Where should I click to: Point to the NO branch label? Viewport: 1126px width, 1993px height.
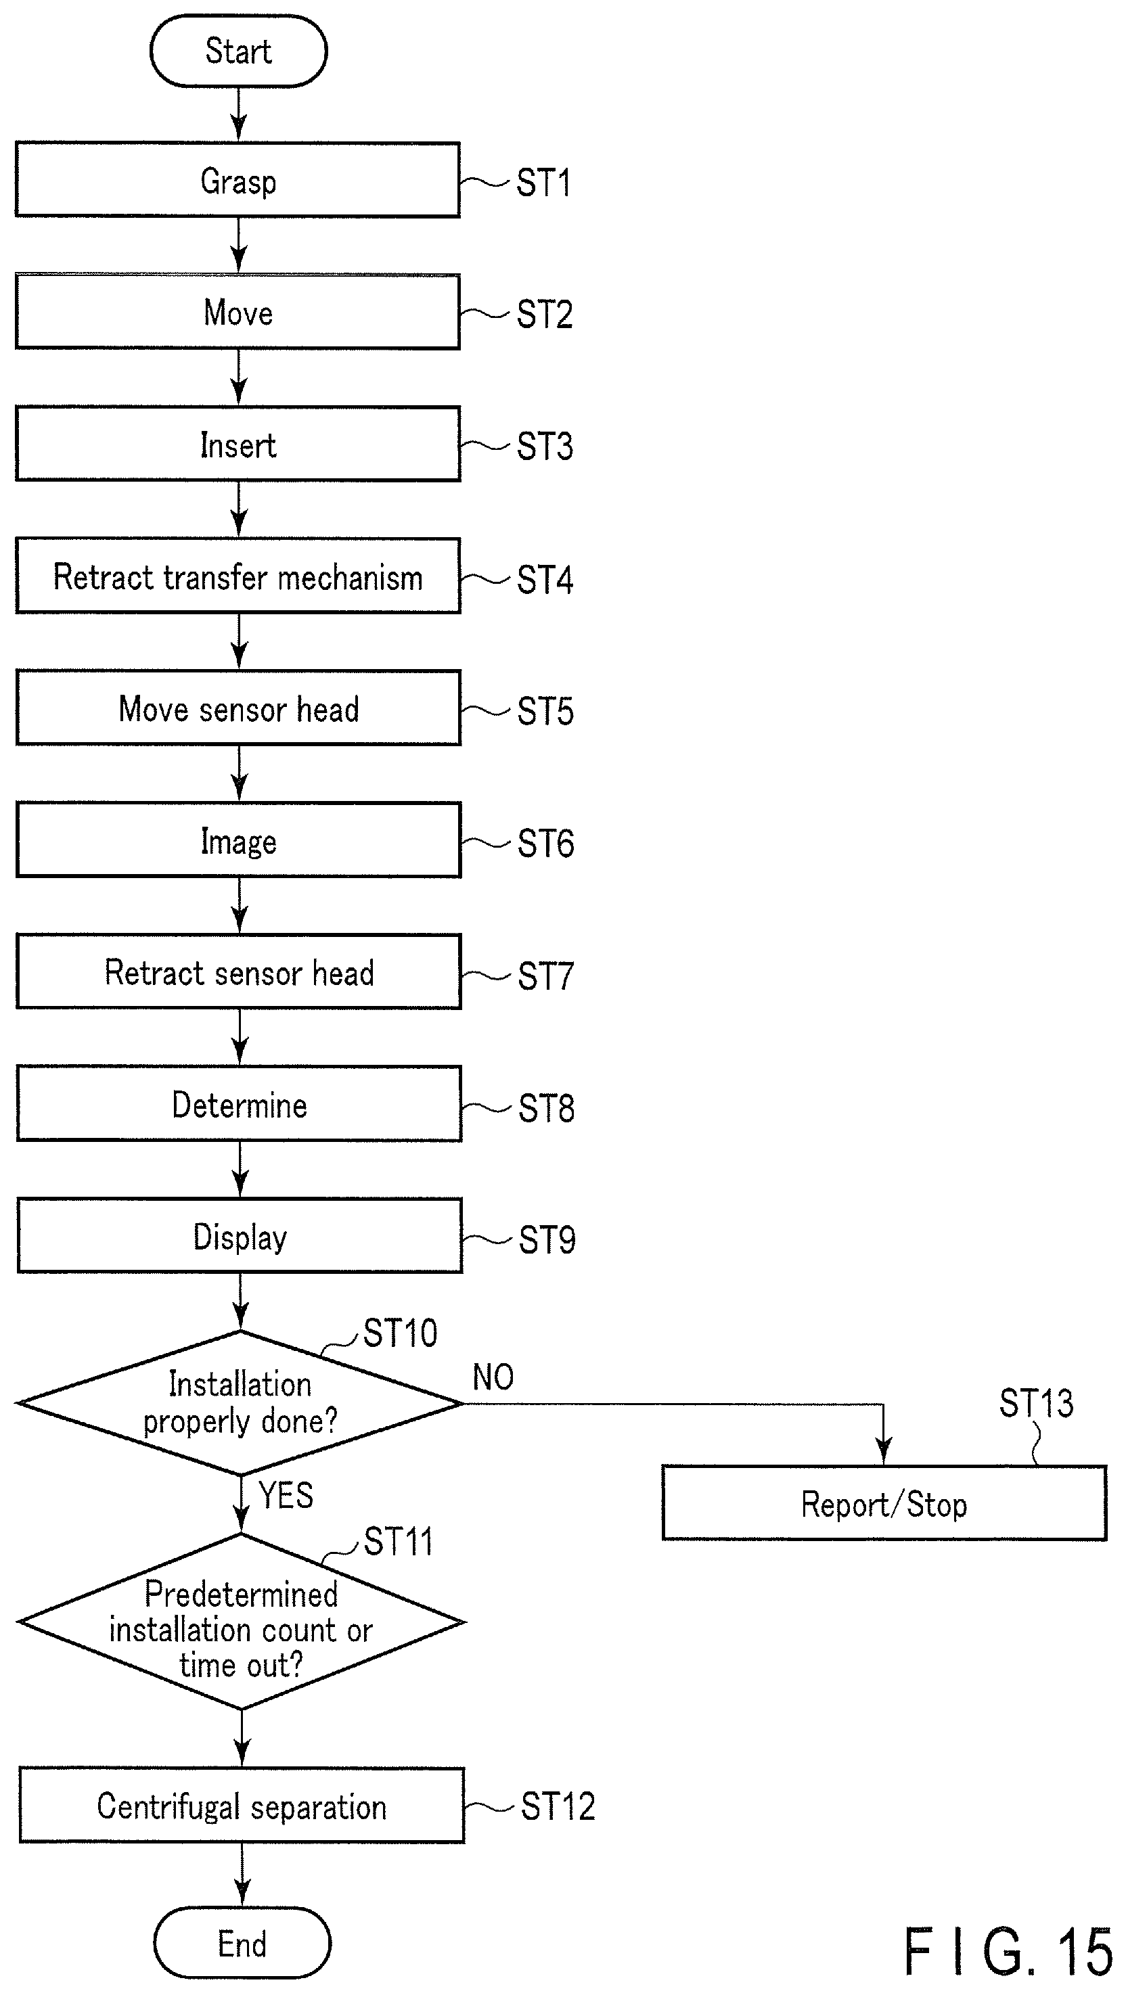coord(493,1377)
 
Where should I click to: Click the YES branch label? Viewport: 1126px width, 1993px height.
coord(286,1495)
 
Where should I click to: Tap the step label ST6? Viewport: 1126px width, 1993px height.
coord(545,844)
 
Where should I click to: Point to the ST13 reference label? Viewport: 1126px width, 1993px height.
coord(1036,1404)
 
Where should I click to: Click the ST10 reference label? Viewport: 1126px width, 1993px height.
coord(400,1333)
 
